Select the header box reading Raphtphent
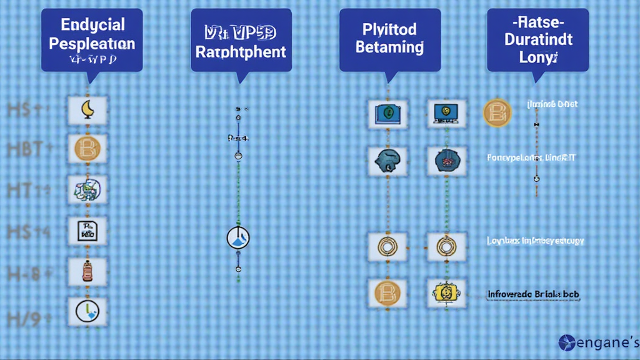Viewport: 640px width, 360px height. [x=241, y=39]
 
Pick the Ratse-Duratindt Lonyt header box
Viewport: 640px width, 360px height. [x=538, y=39]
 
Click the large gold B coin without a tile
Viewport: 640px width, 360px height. [x=497, y=112]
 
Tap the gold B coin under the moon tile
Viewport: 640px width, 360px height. [x=87, y=149]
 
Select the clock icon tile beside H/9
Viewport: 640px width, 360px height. [x=87, y=311]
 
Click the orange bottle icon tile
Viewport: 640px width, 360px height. [x=87, y=271]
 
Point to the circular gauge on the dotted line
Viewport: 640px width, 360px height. [x=238, y=237]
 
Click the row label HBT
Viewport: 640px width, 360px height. [x=25, y=149]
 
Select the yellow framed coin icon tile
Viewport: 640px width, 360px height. [x=446, y=292]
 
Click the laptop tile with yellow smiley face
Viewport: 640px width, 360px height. [x=446, y=112]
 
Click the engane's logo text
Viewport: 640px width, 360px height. [x=599, y=342]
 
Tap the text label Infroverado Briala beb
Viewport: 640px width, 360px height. [x=532, y=292]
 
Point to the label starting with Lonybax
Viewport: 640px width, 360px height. [x=535, y=241]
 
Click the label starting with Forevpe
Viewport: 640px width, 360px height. [x=532, y=158]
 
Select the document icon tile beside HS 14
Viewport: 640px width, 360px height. [x=87, y=231]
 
